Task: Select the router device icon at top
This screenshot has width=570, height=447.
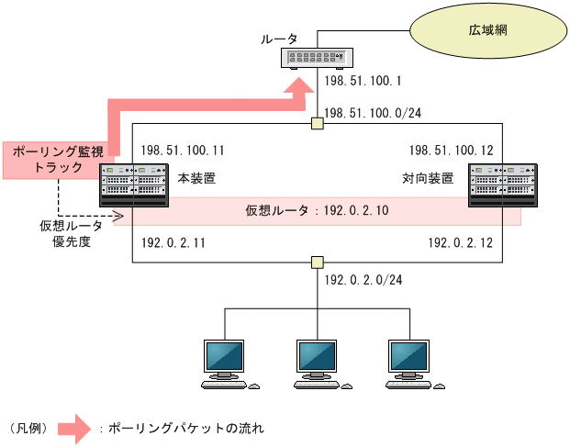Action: [x=317, y=58]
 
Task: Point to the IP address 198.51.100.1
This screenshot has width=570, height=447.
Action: [x=364, y=82]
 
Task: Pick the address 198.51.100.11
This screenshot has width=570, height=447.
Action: [x=183, y=150]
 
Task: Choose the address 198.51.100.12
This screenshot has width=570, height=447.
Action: [x=452, y=150]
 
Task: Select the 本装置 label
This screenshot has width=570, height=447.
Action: [x=195, y=178]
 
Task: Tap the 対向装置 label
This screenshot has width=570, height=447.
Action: [x=428, y=178]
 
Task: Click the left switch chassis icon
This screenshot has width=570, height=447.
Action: [x=133, y=186]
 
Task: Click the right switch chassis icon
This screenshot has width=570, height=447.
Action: [x=496, y=186]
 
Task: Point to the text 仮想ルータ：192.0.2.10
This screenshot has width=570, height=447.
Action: [x=317, y=211]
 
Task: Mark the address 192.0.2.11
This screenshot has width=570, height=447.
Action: [x=173, y=243]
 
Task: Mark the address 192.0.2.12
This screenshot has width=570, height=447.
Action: [x=461, y=243]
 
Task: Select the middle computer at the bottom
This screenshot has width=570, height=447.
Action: [x=318, y=363]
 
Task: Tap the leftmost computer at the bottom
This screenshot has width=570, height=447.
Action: [x=227, y=363]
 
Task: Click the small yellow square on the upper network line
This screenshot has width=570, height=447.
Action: [x=318, y=124]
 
